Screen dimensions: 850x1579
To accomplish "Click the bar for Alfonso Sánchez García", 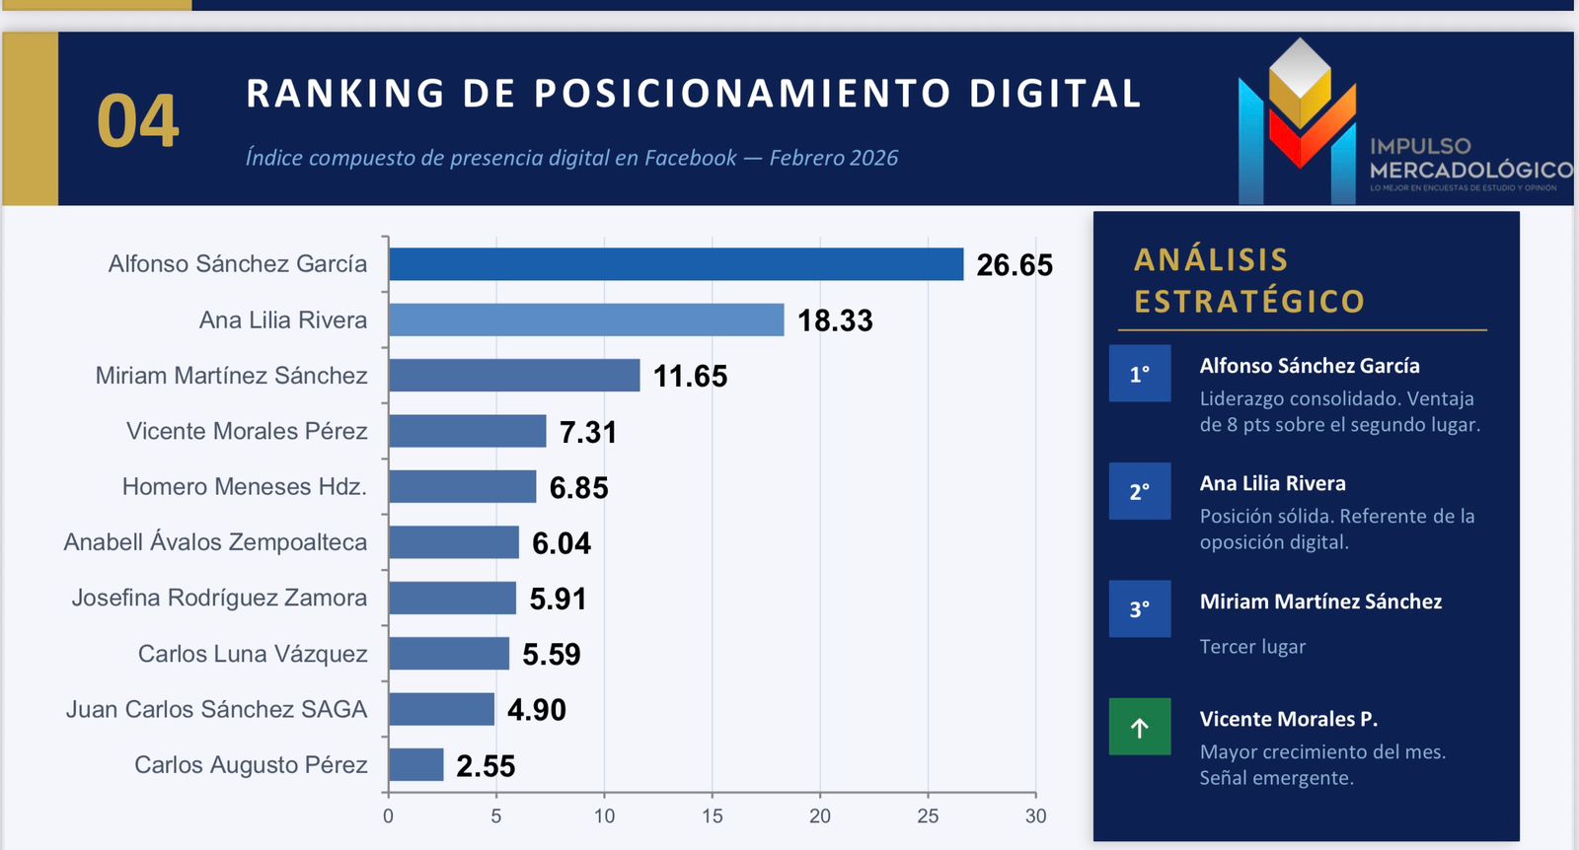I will click(x=676, y=264).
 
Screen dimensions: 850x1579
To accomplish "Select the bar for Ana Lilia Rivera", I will click(x=586, y=319).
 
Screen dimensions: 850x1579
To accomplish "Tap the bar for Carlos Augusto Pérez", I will click(x=415, y=765).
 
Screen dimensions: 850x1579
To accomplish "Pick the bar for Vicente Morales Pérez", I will click(x=467, y=431).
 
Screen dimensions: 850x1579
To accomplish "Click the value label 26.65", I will click(x=1015, y=265).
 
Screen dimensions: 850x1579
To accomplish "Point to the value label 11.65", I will click(x=690, y=376).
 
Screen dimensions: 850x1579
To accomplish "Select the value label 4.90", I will click(x=537, y=710).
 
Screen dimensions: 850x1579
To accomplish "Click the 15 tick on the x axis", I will click(x=713, y=816).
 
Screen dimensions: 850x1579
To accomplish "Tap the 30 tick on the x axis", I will click(x=1035, y=816).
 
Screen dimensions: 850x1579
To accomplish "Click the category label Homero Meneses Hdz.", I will click(x=244, y=487).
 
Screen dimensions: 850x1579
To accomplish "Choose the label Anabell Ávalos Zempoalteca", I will click(x=215, y=542).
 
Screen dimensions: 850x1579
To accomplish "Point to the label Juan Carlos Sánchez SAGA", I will click(x=216, y=710).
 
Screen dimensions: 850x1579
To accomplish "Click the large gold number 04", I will click(x=138, y=122).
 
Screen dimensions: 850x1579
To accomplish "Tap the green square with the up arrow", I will click(x=1140, y=728).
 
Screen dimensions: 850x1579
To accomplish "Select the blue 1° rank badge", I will click(x=1140, y=374).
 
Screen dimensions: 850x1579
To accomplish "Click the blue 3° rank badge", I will click(x=1140, y=609).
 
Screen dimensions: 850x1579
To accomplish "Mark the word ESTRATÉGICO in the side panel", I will click(x=1249, y=302).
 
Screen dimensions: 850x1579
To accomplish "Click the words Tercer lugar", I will click(x=1252, y=647).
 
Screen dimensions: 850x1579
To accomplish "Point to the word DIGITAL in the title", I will click(x=1055, y=94).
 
